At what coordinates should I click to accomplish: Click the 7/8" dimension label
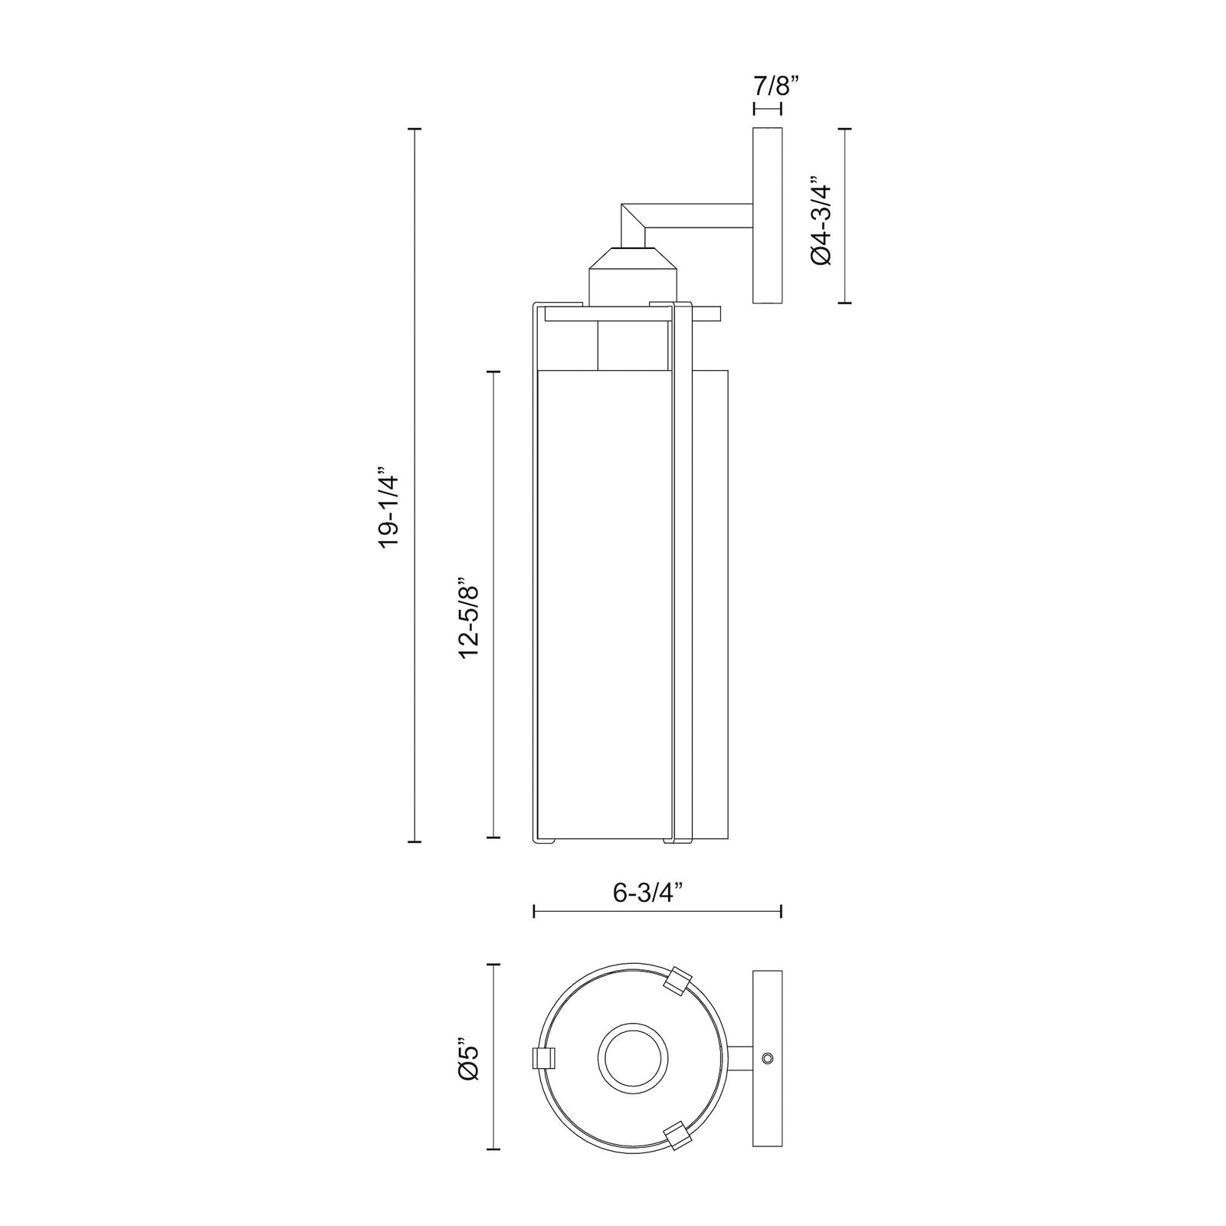[768, 85]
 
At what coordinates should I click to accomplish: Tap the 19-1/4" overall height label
[392, 510]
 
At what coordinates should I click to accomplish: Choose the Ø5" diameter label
[469, 1059]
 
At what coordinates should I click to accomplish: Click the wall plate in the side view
[769, 216]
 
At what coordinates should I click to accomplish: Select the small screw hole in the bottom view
[768, 1058]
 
